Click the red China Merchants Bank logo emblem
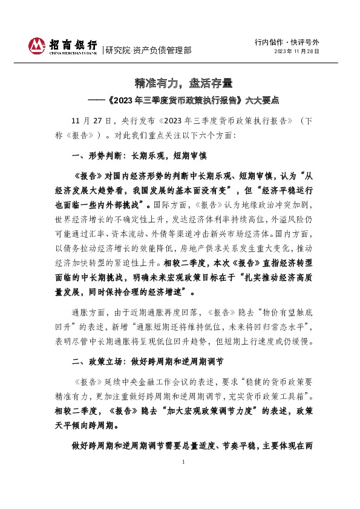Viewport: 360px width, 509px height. (x=38, y=45)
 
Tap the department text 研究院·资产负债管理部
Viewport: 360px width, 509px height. (x=148, y=50)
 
